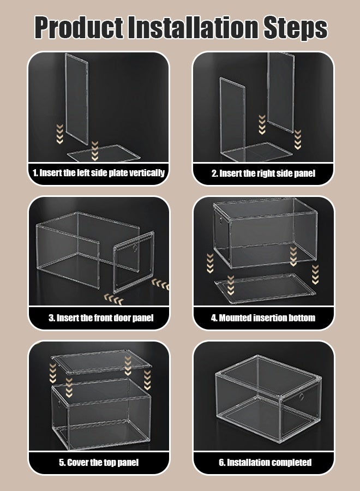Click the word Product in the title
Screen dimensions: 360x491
79,28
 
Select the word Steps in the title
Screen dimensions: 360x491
295,28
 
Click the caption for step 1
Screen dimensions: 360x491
99,173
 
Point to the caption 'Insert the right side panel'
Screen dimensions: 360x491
263,173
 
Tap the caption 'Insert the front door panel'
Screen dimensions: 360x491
101,318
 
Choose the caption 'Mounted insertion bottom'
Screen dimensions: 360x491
263,318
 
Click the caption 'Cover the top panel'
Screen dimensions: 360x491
99,463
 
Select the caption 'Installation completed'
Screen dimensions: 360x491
265,463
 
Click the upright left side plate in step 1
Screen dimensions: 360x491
77,99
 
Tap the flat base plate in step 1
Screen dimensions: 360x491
104,153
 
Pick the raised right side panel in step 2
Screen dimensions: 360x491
281,92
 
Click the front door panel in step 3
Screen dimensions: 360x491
134,262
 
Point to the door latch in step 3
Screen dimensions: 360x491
135,248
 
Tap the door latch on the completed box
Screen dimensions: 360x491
302,397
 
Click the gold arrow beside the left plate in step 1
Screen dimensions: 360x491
60,134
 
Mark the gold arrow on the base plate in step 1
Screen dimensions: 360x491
95,151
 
